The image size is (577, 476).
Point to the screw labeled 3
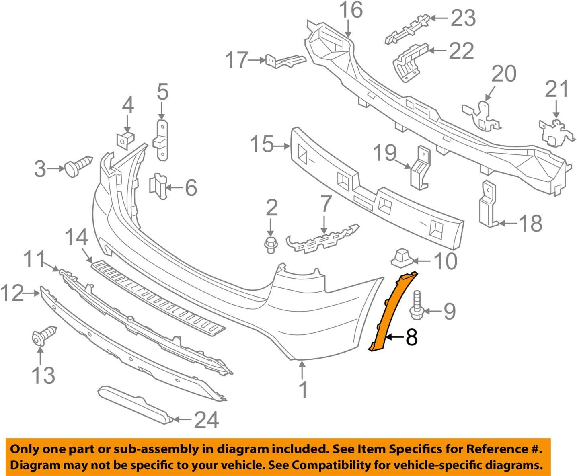78,166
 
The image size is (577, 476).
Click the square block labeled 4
125,140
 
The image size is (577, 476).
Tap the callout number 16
351,11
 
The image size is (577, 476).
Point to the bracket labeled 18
488,205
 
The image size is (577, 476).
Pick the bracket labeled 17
285,61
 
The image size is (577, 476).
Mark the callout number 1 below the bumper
303,389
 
